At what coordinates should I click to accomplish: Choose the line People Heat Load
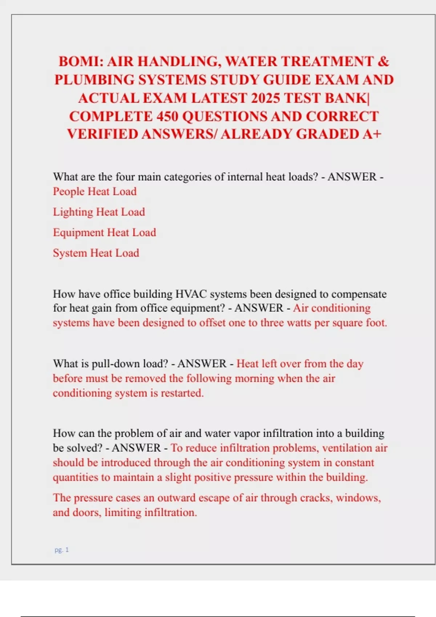(95, 191)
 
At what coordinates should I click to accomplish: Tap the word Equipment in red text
(78, 233)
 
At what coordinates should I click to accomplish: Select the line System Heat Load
(96, 253)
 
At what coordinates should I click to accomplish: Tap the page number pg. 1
(62, 550)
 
